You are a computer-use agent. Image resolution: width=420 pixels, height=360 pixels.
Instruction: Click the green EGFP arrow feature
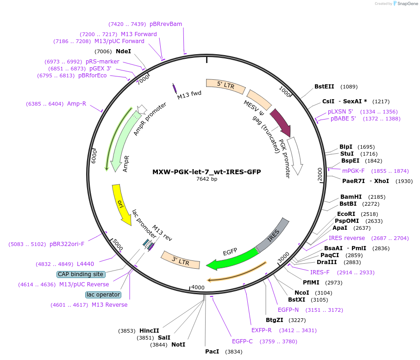point(232,259)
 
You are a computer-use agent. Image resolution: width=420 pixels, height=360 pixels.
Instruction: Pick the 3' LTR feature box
point(181,261)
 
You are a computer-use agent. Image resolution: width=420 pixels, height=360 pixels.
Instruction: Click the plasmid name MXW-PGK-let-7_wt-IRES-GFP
point(207,172)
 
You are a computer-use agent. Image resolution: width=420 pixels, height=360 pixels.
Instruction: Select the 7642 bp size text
point(207,179)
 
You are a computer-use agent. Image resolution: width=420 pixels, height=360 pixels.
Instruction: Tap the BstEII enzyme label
point(324,87)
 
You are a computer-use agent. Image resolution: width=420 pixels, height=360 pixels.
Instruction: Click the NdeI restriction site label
point(123,51)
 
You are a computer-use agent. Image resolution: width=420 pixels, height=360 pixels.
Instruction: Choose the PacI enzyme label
point(212,352)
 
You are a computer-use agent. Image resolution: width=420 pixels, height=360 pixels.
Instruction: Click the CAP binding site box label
point(81,274)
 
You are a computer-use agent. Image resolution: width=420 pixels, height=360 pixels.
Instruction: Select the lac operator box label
point(103,295)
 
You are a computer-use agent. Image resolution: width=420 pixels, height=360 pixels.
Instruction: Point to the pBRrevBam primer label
point(166,24)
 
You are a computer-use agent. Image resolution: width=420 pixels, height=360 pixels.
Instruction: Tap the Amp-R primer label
point(76,104)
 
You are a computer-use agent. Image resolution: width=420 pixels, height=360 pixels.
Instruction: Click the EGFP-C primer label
point(242,341)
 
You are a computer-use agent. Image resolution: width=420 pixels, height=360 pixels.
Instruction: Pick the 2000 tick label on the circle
point(320,174)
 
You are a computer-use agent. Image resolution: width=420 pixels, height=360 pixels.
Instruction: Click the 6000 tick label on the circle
point(94,156)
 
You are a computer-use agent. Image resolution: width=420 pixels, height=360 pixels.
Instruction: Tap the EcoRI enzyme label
point(346,214)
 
